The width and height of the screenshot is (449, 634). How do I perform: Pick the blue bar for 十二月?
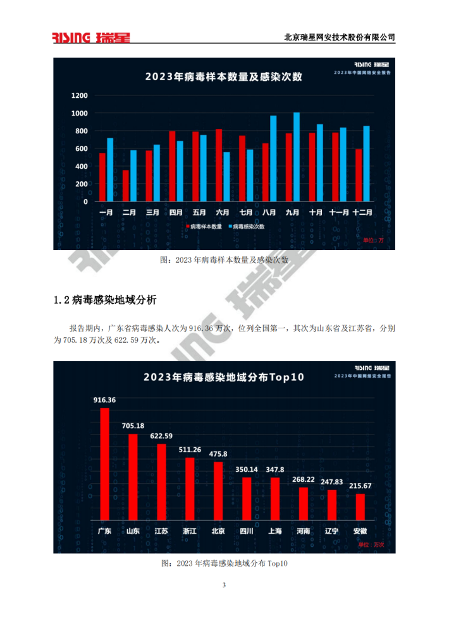(366, 164)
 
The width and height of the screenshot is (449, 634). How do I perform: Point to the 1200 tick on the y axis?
(80, 96)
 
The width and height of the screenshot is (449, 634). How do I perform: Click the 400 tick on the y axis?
(82, 166)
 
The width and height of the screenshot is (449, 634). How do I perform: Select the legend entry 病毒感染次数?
(248, 226)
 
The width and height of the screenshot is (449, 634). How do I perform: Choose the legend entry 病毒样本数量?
(203, 226)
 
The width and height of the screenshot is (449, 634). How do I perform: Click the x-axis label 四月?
(176, 213)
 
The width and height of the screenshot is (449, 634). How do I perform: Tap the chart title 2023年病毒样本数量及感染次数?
(224, 77)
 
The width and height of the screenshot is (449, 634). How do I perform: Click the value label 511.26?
(190, 450)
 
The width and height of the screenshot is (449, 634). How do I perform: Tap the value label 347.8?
(275, 470)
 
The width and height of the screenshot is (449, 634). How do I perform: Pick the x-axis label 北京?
(218, 531)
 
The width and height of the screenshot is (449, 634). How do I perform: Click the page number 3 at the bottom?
(224, 585)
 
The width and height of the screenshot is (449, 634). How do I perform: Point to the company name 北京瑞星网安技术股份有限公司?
(340, 37)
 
